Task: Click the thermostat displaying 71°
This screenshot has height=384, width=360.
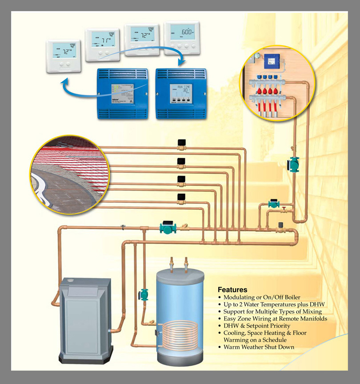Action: tap(102, 45)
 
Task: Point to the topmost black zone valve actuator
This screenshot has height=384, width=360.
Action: tap(181, 143)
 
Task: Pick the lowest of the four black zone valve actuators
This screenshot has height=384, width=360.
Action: tap(181, 197)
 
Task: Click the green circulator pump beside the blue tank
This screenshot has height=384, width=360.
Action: tap(144, 294)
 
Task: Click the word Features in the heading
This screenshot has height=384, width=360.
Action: tap(232, 290)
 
